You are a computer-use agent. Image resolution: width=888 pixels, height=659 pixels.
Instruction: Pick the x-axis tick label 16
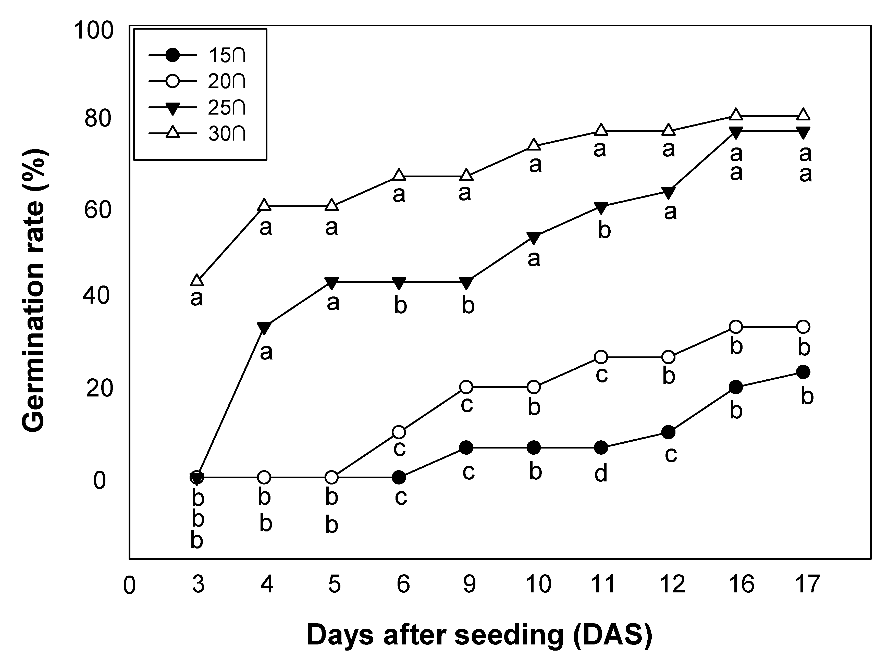pyautogui.click(x=741, y=585)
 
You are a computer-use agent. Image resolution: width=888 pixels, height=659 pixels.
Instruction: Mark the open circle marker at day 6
pyautogui.click(x=399, y=432)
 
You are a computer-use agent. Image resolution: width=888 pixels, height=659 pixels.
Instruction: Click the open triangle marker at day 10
pyautogui.click(x=534, y=145)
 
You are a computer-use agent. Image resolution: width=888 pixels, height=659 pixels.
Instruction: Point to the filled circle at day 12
pyautogui.click(x=668, y=432)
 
